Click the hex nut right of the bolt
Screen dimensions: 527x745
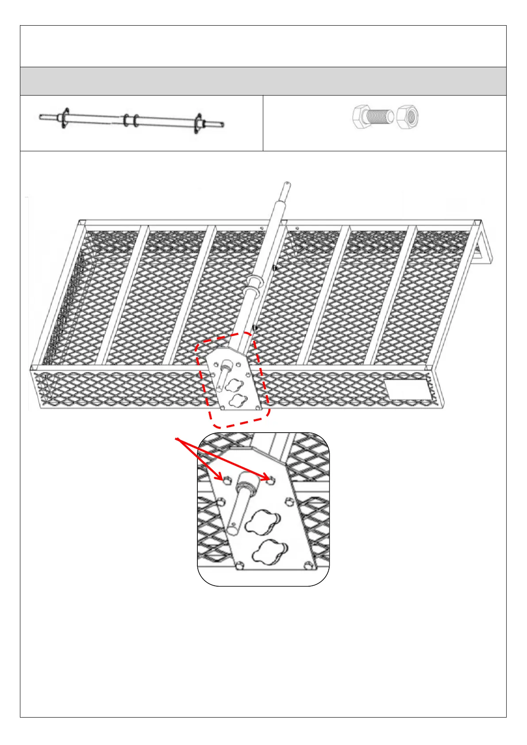408,117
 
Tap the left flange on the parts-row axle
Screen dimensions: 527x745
65,118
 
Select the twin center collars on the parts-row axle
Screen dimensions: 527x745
131,120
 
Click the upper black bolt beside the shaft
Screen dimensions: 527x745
275,268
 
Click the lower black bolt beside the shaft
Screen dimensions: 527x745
255,328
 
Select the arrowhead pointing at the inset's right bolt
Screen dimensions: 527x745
268,479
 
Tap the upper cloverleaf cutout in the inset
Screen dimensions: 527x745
263,522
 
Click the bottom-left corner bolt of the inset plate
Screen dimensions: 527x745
239,565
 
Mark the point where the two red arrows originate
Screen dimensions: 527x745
177,439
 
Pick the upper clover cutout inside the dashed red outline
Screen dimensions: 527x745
234,384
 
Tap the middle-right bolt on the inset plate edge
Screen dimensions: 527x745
290,501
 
